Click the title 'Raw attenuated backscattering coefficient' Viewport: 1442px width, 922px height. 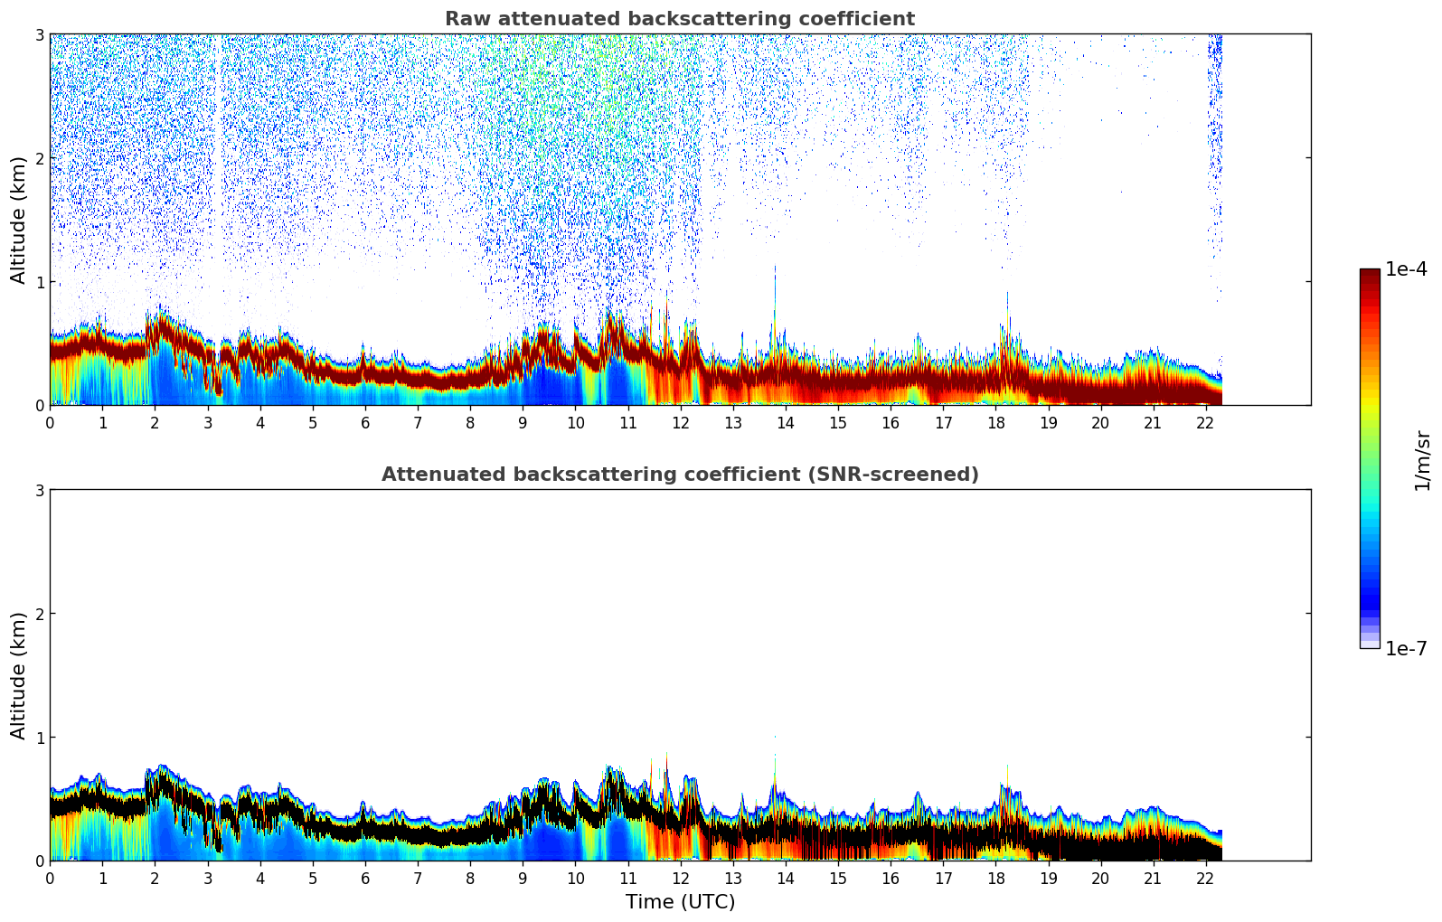click(x=680, y=19)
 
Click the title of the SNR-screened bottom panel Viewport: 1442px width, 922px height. click(x=680, y=475)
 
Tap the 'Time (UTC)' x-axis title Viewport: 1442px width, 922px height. click(x=680, y=902)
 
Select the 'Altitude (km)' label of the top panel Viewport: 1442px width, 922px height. click(x=18, y=220)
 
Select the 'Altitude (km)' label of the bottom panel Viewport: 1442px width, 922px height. click(x=18, y=675)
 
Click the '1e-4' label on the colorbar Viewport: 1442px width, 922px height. click(x=1406, y=269)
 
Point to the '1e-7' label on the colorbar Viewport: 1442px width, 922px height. click(x=1406, y=648)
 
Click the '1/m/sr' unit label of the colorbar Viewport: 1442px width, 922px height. click(x=1422, y=460)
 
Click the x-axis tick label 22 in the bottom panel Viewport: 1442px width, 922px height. click(x=1205, y=880)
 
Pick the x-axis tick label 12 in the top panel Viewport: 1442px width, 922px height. click(x=680, y=423)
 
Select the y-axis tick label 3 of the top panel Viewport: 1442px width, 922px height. click(x=39, y=35)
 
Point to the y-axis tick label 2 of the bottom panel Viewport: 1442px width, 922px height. click(x=39, y=614)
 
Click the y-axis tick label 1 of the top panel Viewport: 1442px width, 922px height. click(x=39, y=282)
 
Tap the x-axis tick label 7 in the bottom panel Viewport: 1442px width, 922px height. click(x=418, y=880)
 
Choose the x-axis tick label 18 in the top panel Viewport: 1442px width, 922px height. click(x=995, y=423)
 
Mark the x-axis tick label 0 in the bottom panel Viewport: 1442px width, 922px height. click(x=50, y=880)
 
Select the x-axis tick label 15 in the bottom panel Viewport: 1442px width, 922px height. click(x=838, y=880)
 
